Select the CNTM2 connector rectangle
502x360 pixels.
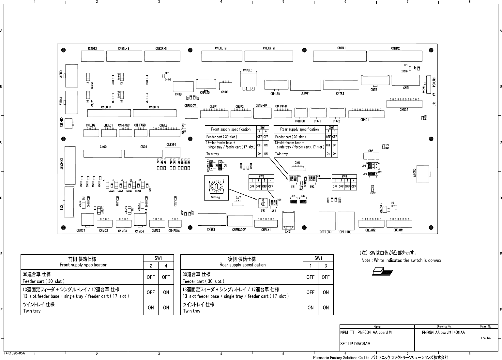point(395,56)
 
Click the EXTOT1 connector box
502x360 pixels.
point(306,85)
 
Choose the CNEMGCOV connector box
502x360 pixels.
point(240,221)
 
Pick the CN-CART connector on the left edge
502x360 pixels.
point(69,165)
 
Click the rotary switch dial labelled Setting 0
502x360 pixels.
point(216,186)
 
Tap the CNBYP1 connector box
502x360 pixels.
point(172,152)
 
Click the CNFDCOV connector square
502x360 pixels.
point(191,113)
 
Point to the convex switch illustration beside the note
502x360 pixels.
point(382,271)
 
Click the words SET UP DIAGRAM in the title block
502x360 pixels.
point(355,344)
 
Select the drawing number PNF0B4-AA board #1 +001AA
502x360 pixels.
point(443,333)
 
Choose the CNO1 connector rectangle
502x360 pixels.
point(143,153)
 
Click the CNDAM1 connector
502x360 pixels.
point(399,223)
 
